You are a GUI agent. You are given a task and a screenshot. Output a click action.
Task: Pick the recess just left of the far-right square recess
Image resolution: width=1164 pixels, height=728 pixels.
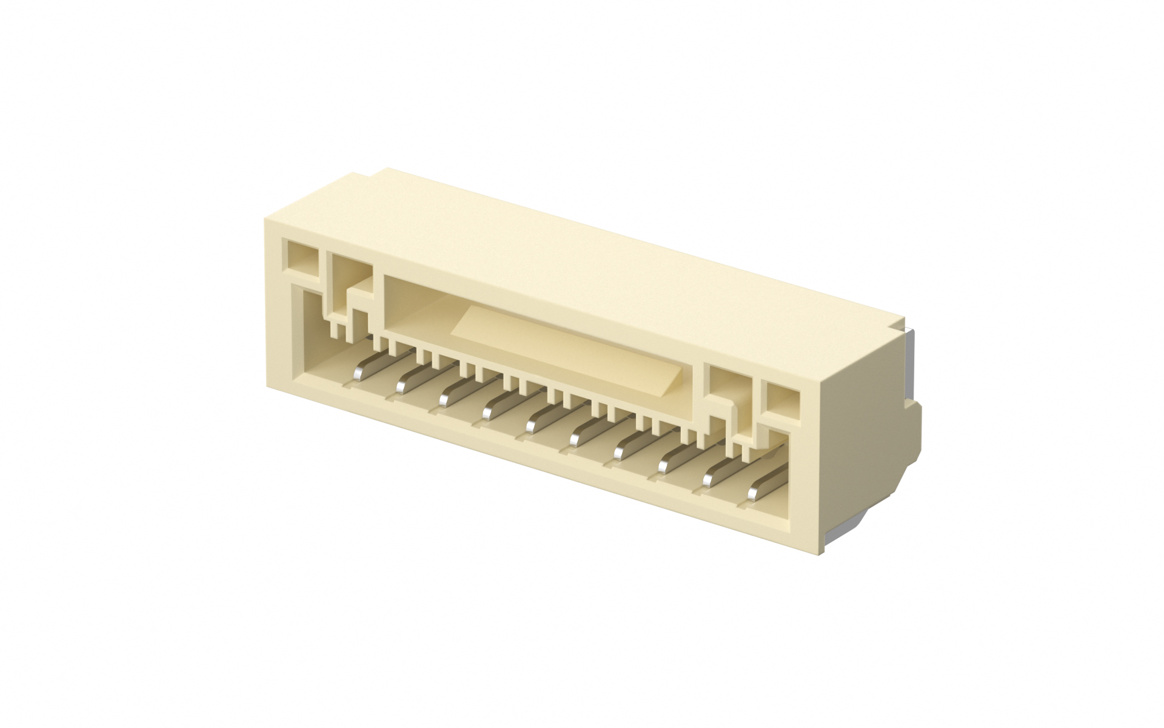[x=727, y=386]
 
